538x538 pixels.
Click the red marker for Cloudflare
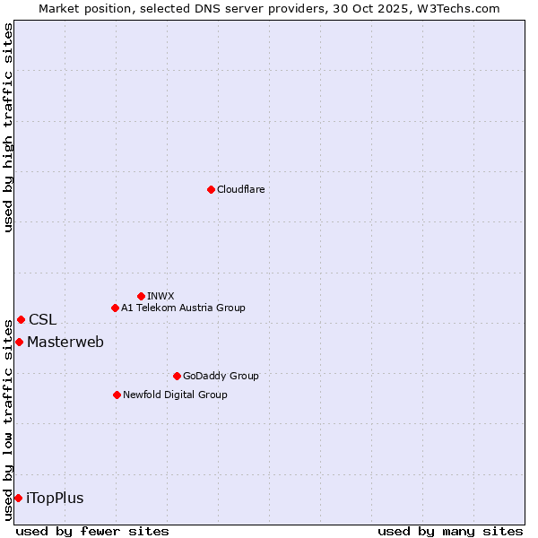(211, 189)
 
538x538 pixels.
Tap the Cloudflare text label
(240, 189)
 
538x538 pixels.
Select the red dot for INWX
(141, 296)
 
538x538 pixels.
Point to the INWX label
(161, 296)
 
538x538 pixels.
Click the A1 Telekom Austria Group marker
(115, 308)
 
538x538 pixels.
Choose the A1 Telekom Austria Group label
(183, 308)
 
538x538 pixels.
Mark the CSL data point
(21, 319)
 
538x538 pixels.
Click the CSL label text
(42, 319)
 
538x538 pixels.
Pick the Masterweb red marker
(19, 342)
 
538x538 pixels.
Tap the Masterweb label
(65, 342)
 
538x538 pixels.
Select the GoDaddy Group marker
(177, 376)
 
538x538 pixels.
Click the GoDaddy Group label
(221, 376)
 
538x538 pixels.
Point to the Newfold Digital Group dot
(117, 395)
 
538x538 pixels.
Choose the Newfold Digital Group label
(175, 395)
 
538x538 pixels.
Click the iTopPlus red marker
(18, 498)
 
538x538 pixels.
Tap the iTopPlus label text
(55, 498)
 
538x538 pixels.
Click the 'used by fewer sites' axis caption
(92, 531)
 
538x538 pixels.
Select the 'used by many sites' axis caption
(450, 531)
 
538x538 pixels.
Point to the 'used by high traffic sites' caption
(8, 127)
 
